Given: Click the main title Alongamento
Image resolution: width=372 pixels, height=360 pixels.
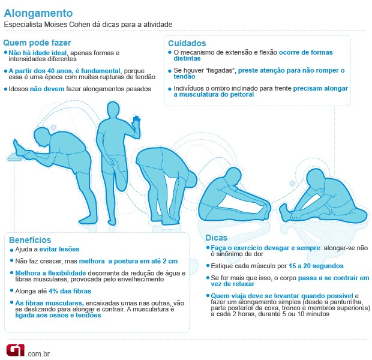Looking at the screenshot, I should [39, 13].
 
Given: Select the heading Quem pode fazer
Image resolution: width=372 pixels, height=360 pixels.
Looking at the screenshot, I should [37, 43].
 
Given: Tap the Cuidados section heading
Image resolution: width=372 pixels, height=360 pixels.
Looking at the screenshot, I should [187, 43].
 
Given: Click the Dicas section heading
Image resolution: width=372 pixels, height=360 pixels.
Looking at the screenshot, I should [217, 237].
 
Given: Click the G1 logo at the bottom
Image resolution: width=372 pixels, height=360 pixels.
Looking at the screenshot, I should [15, 350].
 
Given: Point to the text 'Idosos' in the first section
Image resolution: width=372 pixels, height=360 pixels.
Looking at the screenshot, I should [19, 89].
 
